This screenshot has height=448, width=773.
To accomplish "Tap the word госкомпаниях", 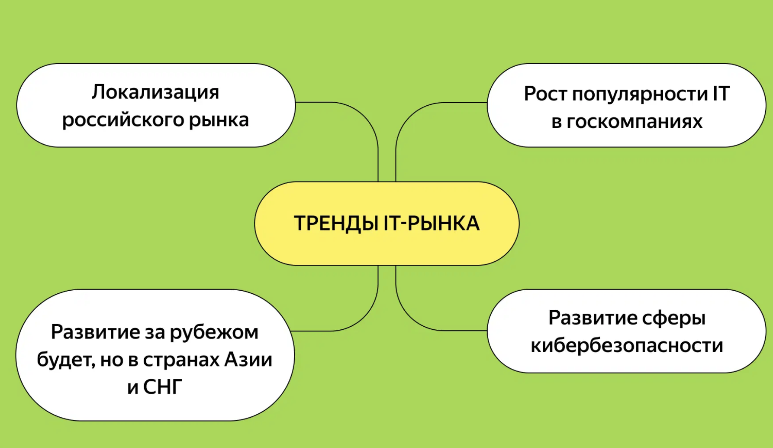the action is coord(635,122).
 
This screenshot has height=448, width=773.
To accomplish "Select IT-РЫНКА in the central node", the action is coord(432,224).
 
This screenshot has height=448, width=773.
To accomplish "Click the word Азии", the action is coord(248,360).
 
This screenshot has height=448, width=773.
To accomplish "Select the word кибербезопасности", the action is coord(627,346).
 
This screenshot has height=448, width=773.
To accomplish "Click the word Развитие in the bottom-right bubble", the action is coord(592,318).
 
